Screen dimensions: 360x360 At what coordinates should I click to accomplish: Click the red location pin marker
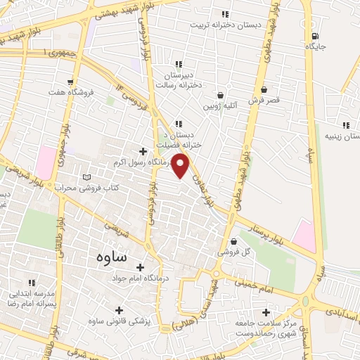[x=181, y=165]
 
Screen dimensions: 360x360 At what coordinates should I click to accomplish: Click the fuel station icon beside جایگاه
[x=314, y=36]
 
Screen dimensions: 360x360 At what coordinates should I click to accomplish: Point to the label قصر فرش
[x=264, y=101]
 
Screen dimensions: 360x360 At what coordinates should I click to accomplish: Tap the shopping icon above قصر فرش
[x=264, y=90]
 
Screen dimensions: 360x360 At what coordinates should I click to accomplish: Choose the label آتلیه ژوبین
[x=220, y=106]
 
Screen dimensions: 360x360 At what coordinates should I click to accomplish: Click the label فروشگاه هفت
[x=67, y=92]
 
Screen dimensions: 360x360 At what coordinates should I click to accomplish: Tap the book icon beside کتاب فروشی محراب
[x=87, y=177]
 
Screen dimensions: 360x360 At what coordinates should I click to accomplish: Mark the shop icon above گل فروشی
[x=233, y=241]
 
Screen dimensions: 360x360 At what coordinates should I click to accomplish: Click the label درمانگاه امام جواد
[x=141, y=279]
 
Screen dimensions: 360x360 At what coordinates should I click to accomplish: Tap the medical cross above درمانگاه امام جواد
[x=141, y=268]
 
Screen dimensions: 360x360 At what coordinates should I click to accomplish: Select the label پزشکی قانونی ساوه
[x=117, y=321]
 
